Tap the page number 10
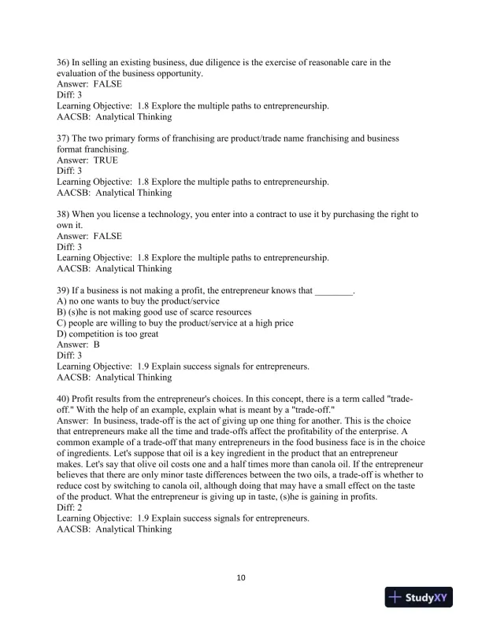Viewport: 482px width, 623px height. click(241, 578)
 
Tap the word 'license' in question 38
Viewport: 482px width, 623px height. click(135, 214)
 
